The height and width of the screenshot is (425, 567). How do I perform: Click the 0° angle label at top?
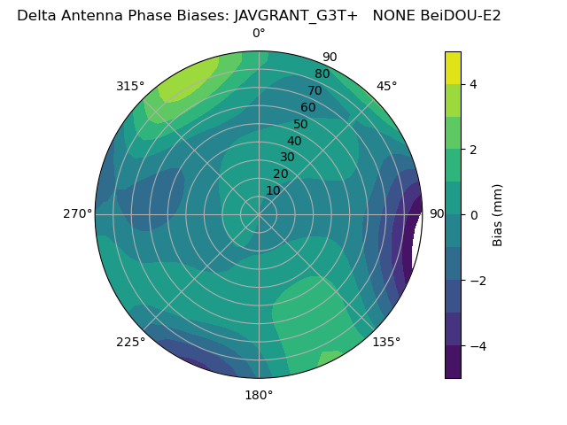[x=259, y=34]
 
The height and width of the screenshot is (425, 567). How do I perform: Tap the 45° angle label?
[x=386, y=86]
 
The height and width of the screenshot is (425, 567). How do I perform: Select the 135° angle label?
[x=386, y=342]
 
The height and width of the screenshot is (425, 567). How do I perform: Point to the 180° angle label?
[x=259, y=395]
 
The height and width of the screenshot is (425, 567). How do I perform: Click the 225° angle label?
[x=130, y=342]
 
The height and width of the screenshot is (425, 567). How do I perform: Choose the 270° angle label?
[x=77, y=214]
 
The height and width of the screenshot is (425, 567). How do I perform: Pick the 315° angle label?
[x=130, y=86]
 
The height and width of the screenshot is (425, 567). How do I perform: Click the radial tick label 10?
[x=273, y=190]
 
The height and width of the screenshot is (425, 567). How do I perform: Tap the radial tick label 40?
[x=294, y=141]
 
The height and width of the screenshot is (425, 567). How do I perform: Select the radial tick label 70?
[x=315, y=90]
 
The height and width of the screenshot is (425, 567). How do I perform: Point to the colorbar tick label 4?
[x=474, y=84]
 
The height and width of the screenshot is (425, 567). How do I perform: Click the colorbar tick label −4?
[x=478, y=346]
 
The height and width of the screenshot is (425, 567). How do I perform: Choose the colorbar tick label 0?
[x=474, y=215]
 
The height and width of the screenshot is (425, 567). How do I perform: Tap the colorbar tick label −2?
[x=478, y=281]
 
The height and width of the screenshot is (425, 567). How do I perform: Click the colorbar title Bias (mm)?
[x=498, y=214]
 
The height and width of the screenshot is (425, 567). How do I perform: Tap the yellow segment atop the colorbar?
[x=453, y=67]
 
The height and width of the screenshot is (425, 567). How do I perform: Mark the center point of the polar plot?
[x=259, y=214]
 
